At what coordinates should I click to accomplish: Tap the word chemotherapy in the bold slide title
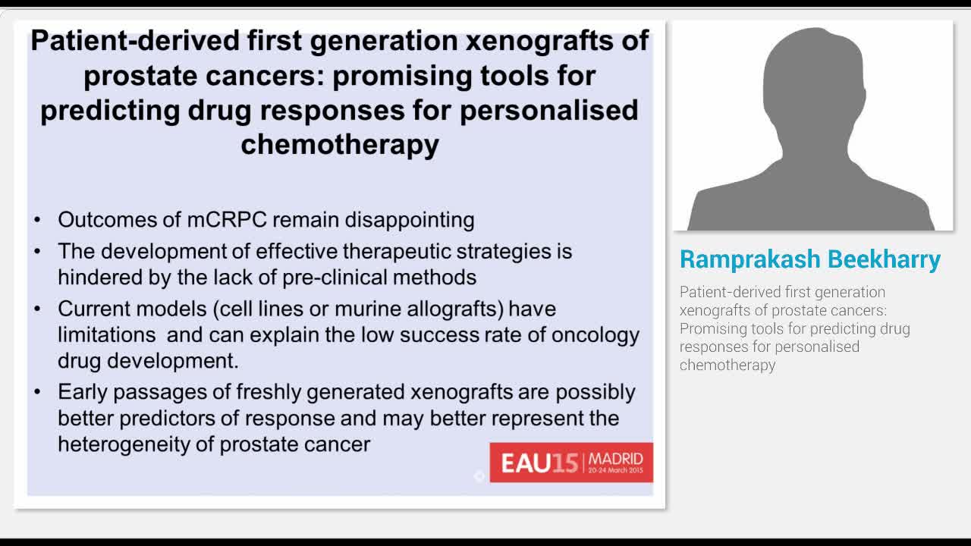click(x=339, y=144)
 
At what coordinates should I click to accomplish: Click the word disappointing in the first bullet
click(x=410, y=220)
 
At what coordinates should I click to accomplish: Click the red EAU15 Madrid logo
click(x=571, y=462)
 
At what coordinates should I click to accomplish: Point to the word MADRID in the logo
click(x=615, y=458)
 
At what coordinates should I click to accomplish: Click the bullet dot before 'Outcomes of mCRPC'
click(x=38, y=221)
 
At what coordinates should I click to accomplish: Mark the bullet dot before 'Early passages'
click(x=38, y=393)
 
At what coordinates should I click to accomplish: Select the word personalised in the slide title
click(x=548, y=110)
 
